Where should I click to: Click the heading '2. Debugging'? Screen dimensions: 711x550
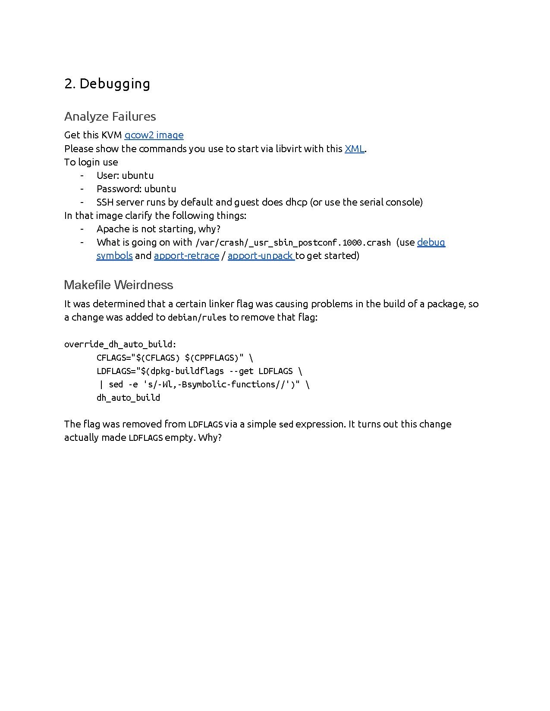[x=107, y=84]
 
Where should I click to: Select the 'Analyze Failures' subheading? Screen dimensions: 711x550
[x=110, y=116]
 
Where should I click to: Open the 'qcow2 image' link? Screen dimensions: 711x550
[x=154, y=135]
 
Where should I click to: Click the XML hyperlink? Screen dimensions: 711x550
[x=355, y=149]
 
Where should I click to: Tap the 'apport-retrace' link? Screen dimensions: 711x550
[x=186, y=256]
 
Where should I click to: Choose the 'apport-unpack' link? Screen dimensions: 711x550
[x=261, y=256]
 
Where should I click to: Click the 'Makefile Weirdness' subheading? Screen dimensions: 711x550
[x=118, y=285]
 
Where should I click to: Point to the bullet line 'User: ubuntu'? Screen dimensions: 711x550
[x=125, y=175]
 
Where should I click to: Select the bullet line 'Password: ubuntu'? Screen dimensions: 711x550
[x=136, y=189]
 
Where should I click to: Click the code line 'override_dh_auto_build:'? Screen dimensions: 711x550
[x=120, y=344]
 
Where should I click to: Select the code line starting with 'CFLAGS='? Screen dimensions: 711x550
[x=175, y=358]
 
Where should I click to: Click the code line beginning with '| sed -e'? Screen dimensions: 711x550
[x=203, y=384]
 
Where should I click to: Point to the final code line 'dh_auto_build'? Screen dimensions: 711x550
[x=128, y=398]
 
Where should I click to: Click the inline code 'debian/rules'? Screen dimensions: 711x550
[x=197, y=318]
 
